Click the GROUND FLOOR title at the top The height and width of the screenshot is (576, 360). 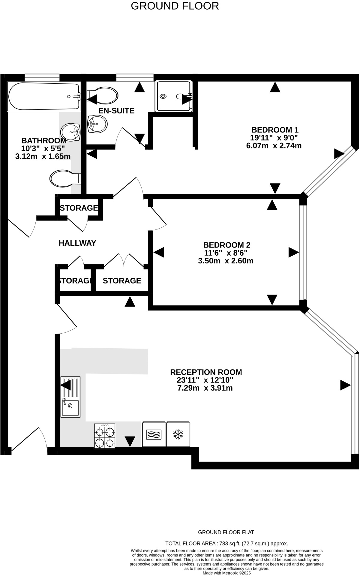tap(175, 6)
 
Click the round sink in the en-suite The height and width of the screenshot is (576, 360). tap(97, 124)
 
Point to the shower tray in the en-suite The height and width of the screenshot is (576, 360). tap(173, 96)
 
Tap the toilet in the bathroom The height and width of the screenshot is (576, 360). tap(64, 179)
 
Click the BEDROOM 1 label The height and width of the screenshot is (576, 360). tap(275, 130)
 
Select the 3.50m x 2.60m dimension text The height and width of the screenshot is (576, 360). tap(226, 261)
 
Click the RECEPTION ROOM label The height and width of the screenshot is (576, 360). tap(206, 372)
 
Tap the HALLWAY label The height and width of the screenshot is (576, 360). tap(77, 243)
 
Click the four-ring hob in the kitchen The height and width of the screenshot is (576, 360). tap(104, 436)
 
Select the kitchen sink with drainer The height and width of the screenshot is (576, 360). tap(70, 397)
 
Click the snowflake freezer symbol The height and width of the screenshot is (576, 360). tap(178, 434)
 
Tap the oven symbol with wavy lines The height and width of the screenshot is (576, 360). tap(154, 434)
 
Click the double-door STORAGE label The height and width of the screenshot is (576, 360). tap(122, 280)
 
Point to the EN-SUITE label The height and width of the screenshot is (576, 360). tap(116, 111)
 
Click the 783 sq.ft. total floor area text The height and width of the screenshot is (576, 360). tap(227, 543)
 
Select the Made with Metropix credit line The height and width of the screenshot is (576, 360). tap(226, 573)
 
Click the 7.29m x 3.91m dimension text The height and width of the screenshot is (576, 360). tap(205, 388)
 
